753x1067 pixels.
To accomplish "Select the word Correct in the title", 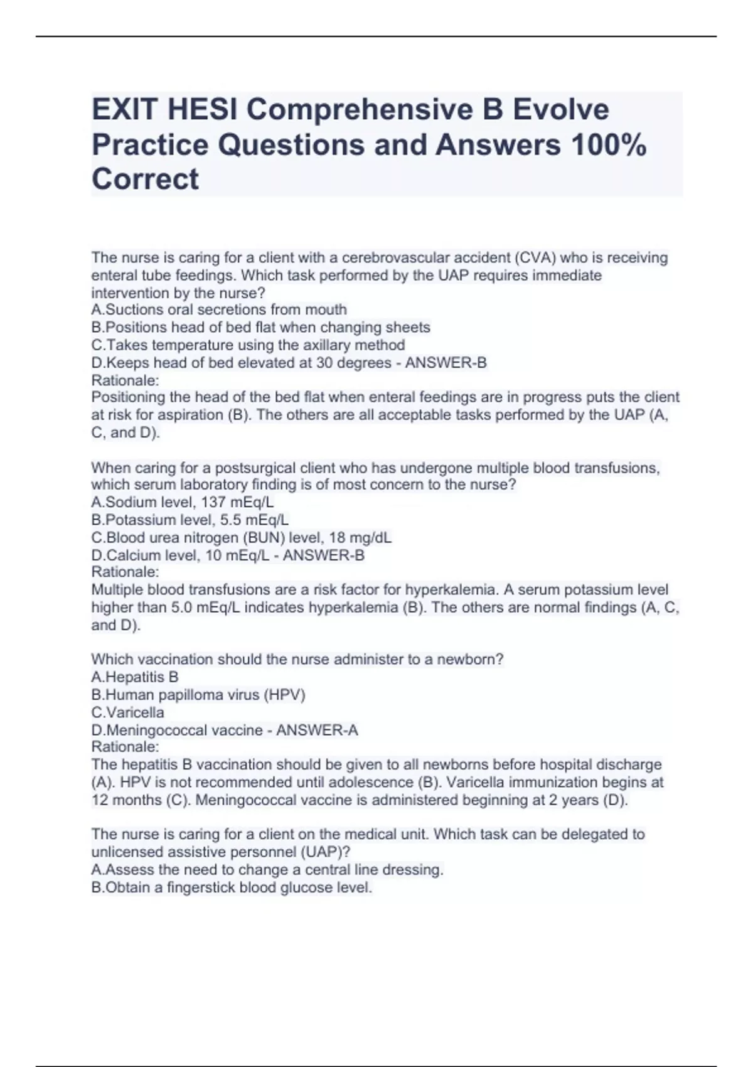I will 145,180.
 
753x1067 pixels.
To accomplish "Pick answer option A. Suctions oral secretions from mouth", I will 219,309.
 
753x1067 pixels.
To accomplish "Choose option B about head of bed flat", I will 260,327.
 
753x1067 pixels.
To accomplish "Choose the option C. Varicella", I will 127,712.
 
